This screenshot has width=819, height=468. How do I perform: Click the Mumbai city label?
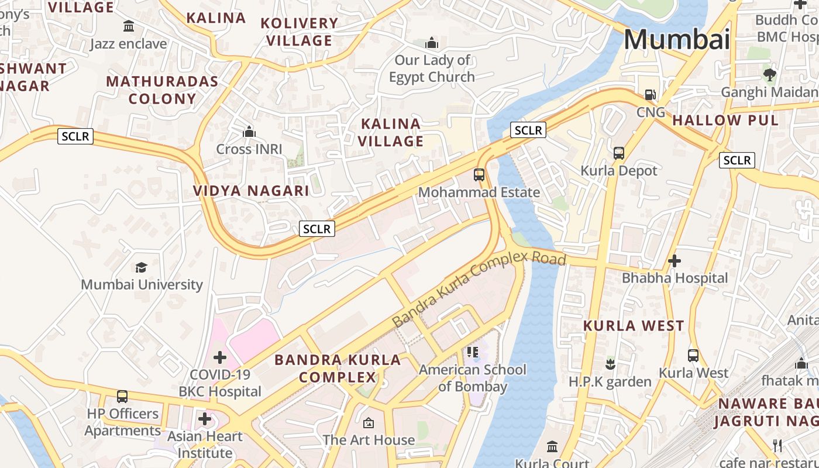(x=676, y=39)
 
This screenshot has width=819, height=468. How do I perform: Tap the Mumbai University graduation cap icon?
(x=141, y=267)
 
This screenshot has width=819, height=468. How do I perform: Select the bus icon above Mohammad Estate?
(x=479, y=174)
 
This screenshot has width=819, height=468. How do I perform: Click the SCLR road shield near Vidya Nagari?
(x=317, y=229)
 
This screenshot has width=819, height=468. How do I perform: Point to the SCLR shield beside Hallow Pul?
(x=737, y=160)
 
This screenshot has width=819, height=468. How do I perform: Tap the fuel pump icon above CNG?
(x=650, y=95)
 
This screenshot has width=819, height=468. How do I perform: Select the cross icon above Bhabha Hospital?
(x=675, y=261)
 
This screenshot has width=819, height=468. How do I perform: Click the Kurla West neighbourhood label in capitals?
(x=634, y=326)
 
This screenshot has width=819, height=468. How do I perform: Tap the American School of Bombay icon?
(x=473, y=352)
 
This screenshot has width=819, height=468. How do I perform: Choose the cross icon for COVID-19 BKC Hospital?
(x=220, y=357)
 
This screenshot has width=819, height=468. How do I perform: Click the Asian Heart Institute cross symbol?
(x=205, y=419)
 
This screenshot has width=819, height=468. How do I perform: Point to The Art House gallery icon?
(x=369, y=422)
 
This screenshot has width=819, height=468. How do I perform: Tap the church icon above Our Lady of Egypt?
(x=432, y=43)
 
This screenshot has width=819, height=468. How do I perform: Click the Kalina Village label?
(x=391, y=132)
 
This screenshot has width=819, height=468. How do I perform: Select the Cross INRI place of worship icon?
(x=249, y=132)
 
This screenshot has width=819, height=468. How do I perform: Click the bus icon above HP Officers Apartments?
(x=122, y=397)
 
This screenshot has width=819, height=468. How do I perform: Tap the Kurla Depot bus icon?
(x=618, y=153)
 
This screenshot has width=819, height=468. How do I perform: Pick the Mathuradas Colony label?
(x=162, y=90)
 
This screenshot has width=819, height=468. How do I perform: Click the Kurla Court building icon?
(x=552, y=447)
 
